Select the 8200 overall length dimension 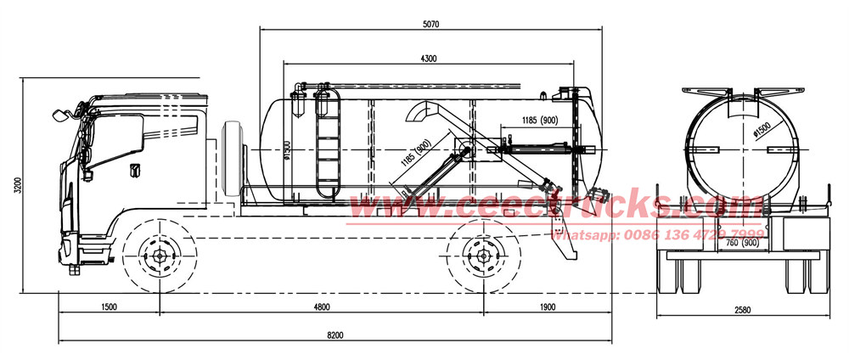pyautogui.click(x=336, y=336)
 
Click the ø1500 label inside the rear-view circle pyautogui.click(x=762, y=132)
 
